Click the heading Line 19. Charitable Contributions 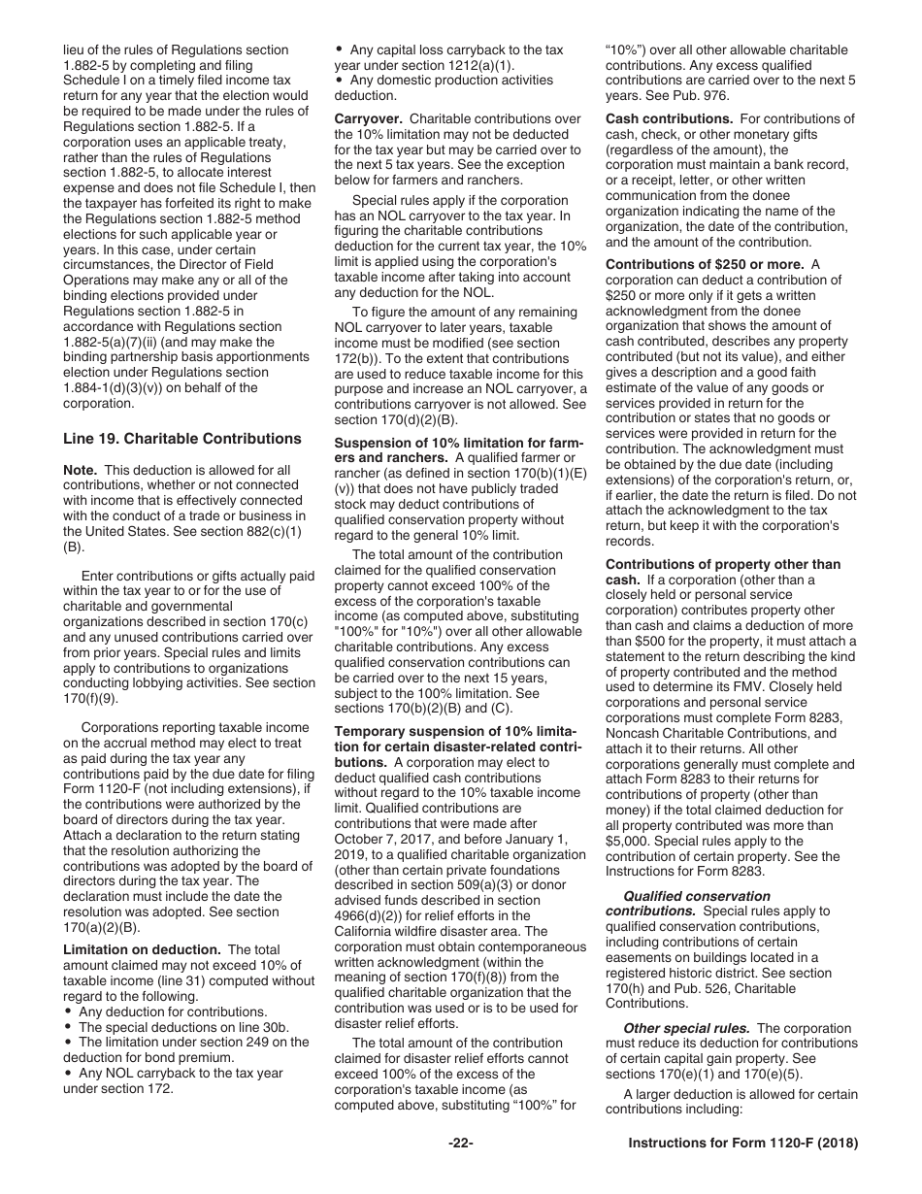tap(181, 438)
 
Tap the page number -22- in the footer tap(460, 1144)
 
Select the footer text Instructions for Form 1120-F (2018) tap(743, 1144)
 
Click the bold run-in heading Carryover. tap(362, 119)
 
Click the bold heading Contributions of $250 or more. tap(705, 264)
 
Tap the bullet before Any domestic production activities tap(339, 81)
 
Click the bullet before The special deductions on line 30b tap(68, 1026)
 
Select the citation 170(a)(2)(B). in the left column tap(101, 927)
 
